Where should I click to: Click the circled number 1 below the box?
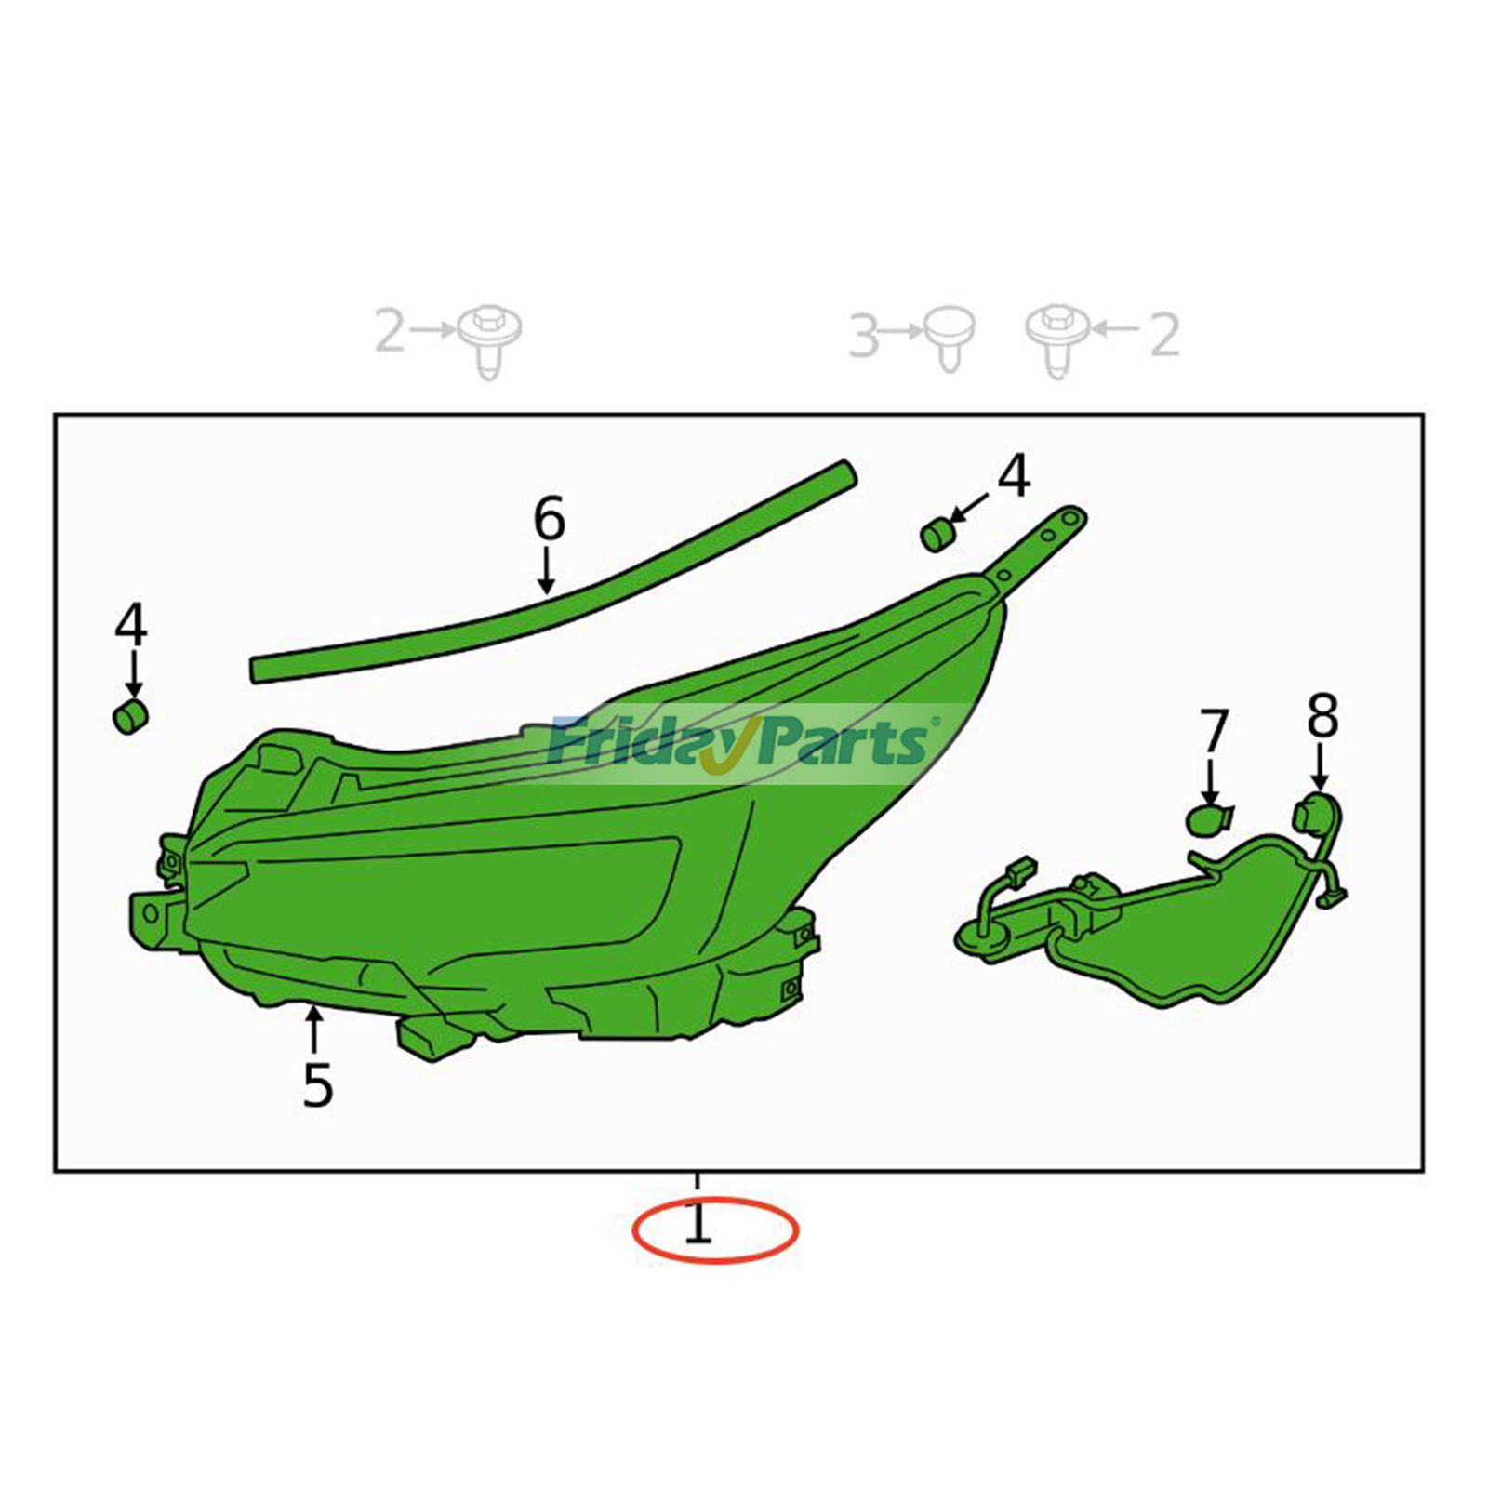[697, 1225]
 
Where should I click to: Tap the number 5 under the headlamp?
[317, 1084]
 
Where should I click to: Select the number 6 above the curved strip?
[549, 518]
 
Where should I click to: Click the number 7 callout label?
[1214, 732]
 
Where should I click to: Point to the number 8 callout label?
[1322, 716]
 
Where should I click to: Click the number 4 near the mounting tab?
[1014, 475]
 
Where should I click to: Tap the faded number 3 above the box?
[864, 336]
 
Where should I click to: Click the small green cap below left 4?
[131, 717]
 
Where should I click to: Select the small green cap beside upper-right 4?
[937, 536]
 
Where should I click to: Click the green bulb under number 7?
[1210, 819]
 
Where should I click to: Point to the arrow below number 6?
[547, 570]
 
